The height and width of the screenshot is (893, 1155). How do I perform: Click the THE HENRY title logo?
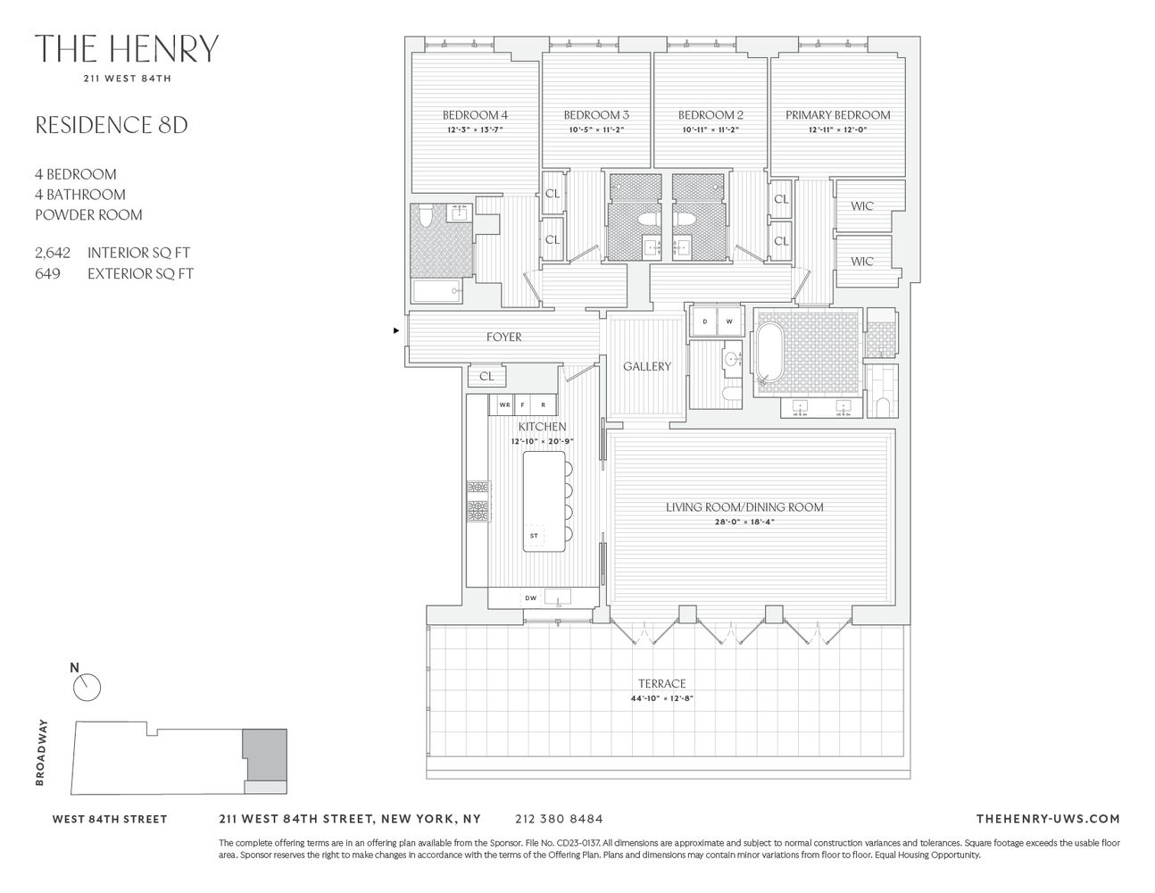click(x=126, y=49)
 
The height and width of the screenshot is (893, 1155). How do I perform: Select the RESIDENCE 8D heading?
click(x=111, y=125)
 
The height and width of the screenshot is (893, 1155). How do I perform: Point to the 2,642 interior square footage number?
click(x=53, y=254)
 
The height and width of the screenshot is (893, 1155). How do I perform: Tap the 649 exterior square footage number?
click(x=48, y=274)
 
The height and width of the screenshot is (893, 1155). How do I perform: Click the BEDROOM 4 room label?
click(x=475, y=115)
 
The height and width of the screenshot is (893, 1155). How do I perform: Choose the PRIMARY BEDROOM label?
click(x=837, y=115)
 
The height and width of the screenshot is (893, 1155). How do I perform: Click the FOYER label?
click(x=503, y=338)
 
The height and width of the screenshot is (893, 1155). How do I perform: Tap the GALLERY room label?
click(x=647, y=367)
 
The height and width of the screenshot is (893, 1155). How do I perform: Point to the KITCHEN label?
click(x=542, y=428)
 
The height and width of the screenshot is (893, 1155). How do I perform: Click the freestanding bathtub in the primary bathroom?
click(x=769, y=355)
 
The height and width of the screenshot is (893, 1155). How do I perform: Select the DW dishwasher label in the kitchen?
click(x=530, y=598)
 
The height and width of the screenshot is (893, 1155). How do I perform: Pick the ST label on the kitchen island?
click(x=534, y=537)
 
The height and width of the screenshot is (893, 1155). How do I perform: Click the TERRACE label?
click(x=661, y=684)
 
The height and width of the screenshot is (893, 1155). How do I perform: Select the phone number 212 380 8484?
click(x=559, y=819)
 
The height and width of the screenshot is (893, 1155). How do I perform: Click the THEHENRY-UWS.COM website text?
click(x=1048, y=819)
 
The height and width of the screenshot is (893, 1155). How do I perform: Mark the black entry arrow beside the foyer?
click(x=396, y=331)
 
